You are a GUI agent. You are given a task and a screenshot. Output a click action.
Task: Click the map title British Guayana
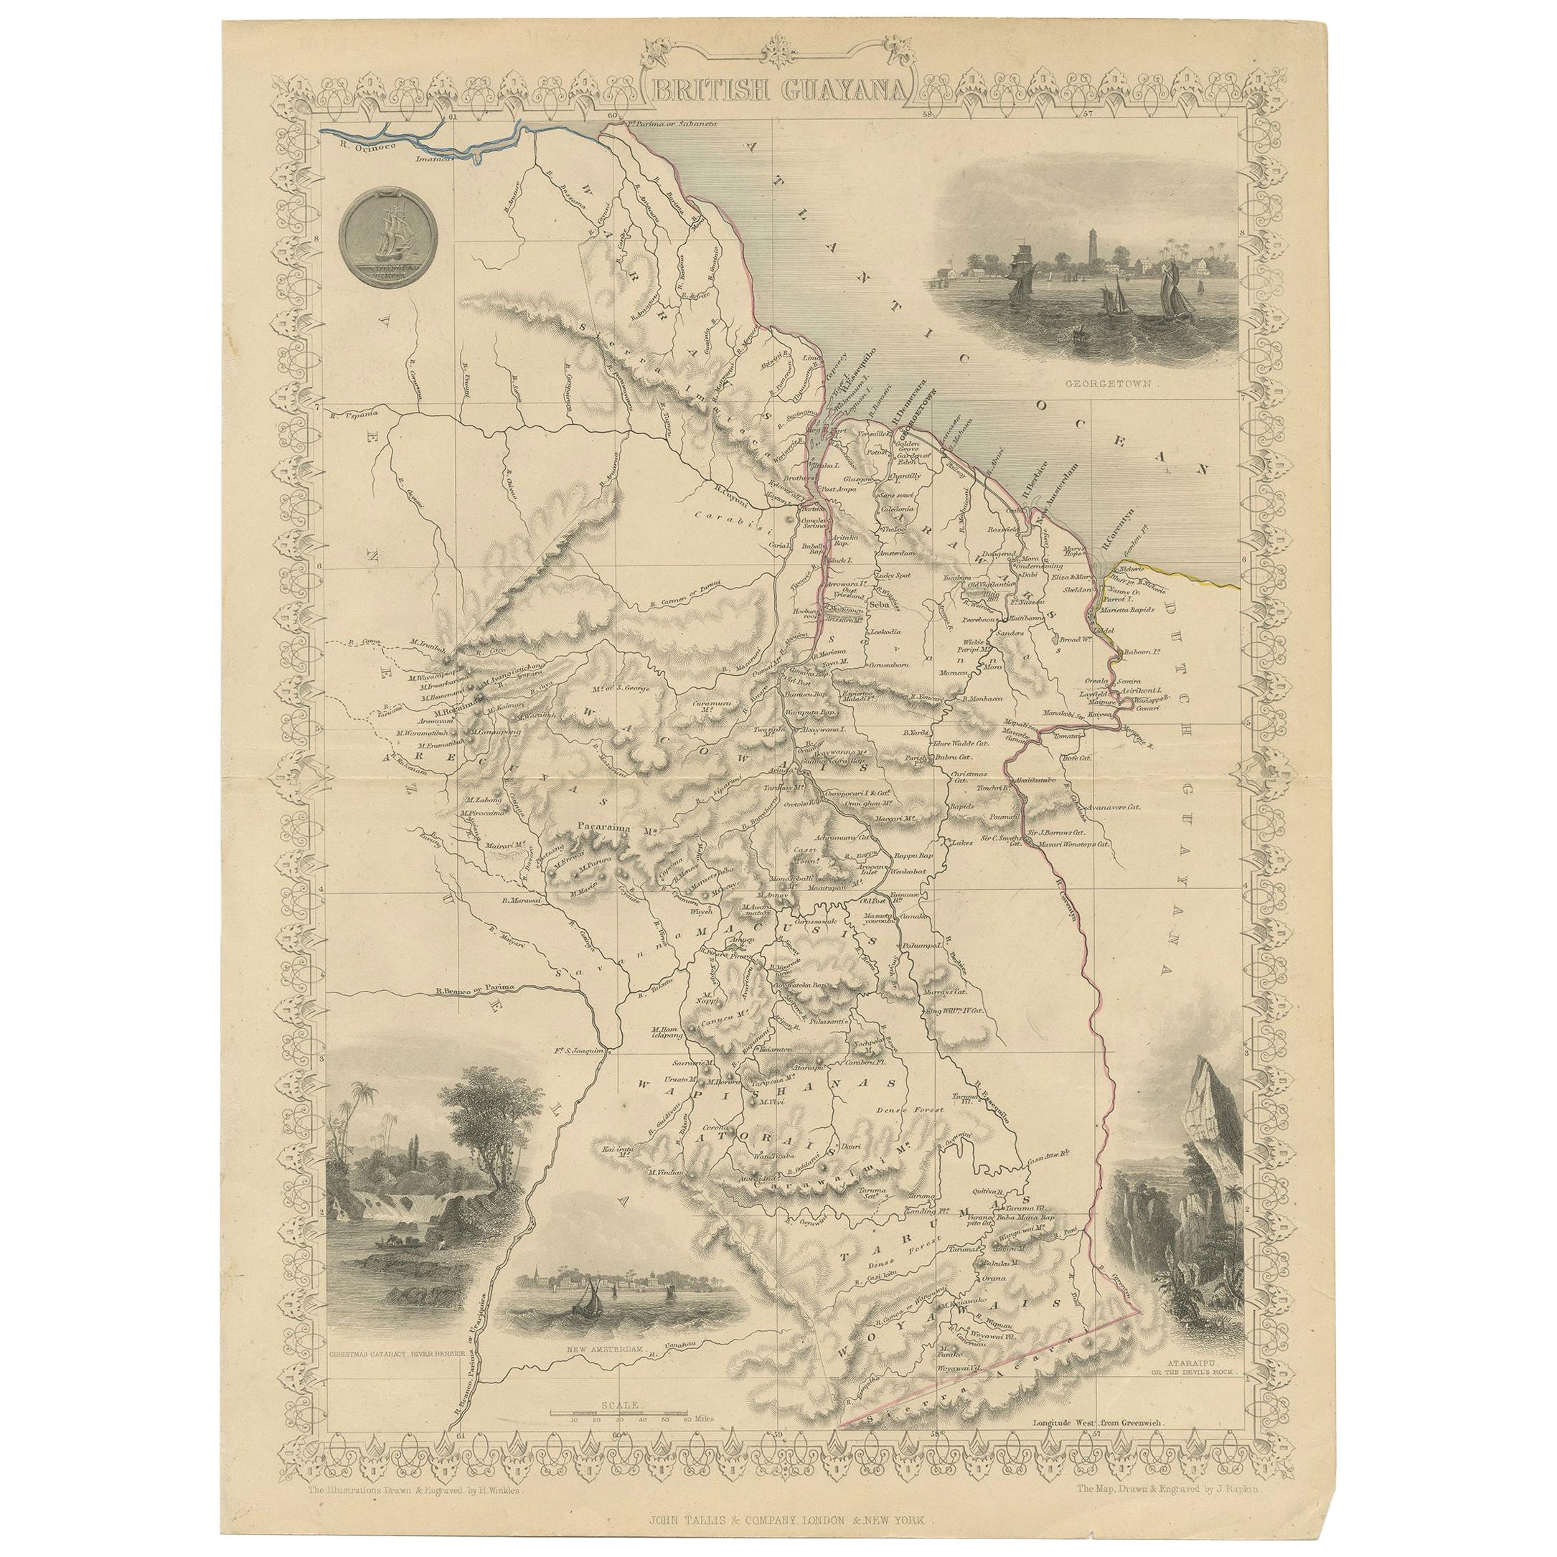[778, 90]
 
